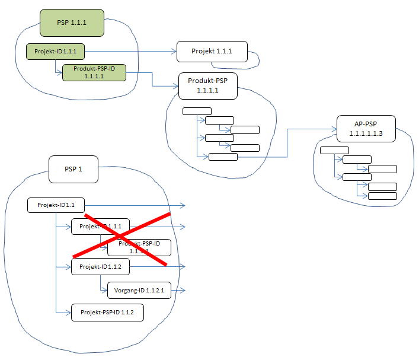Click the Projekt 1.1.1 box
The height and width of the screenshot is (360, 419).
coord(212,52)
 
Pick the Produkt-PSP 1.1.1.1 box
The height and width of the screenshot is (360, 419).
coord(207,87)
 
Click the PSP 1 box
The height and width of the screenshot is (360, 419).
coord(73,169)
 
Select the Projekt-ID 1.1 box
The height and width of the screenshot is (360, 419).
coord(56,205)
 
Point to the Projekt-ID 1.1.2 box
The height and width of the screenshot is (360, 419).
coord(100,267)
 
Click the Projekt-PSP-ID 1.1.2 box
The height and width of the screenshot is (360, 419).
coord(107,312)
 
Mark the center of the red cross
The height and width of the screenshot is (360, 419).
coord(127,238)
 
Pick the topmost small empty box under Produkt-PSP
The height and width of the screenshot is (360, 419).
coord(197,110)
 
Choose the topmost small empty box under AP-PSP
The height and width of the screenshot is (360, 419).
coord(334,149)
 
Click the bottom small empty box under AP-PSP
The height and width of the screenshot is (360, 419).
coord(382,196)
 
